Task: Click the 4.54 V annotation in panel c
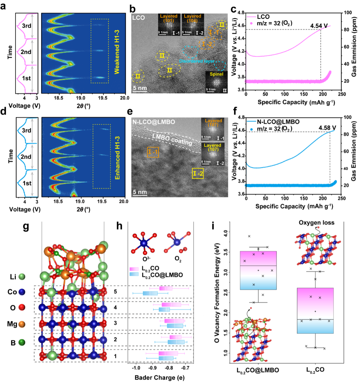click(319, 26)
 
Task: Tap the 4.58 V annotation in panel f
click(327, 128)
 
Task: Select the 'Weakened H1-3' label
click(117, 52)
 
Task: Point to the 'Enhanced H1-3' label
click(118, 158)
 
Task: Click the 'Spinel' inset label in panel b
click(216, 74)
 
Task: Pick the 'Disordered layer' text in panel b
click(197, 61)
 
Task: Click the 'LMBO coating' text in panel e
click(172, 139)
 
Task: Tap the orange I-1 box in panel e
click(153, 152)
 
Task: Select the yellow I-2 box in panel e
click(198, 173)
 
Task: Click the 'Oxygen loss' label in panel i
click(316, 223)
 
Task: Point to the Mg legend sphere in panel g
click(22, 324)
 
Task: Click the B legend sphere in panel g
click(22, 342)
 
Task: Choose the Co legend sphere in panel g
click(22, 292)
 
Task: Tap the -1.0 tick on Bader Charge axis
click(136, 368)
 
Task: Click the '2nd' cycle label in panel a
click(26, 52)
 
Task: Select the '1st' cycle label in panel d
click(27, 183)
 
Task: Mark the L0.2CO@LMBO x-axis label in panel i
click(258, 370)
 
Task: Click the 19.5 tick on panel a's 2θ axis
click(102, 98)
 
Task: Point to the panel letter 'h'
click(119, 226)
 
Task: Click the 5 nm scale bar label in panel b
click(140, 88)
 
